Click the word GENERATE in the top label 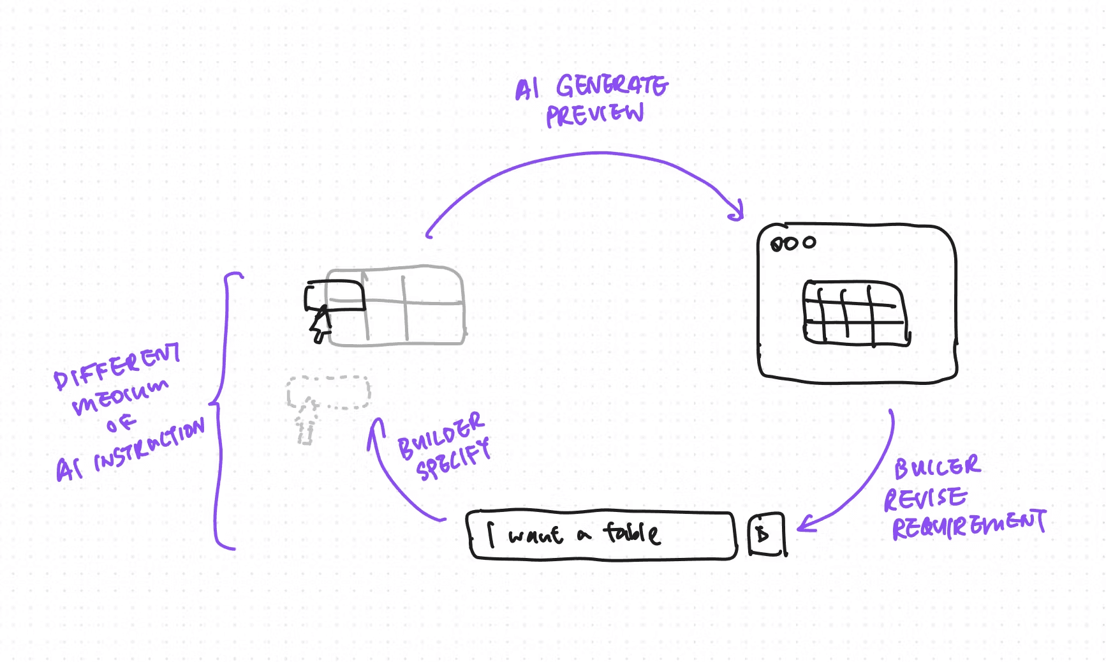612,86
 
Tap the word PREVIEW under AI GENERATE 594,115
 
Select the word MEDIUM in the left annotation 120,396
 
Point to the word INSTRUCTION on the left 149,445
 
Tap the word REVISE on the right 925,499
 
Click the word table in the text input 632,532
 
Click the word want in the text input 535,535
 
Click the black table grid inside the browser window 855,313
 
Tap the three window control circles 793,243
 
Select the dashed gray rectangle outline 328,392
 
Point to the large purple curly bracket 220,409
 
